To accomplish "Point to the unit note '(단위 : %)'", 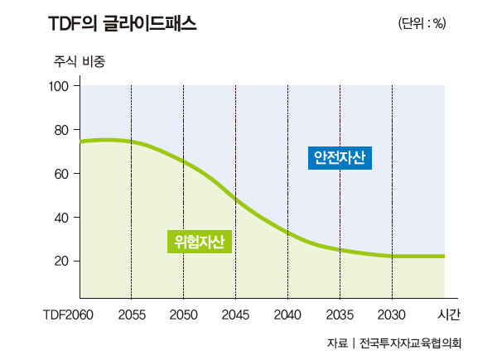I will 422,23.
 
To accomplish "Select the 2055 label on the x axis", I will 131,315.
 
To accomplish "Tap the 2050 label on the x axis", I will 183,315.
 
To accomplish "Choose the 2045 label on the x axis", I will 235,315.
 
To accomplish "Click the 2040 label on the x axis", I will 287,315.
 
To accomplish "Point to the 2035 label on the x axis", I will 340,315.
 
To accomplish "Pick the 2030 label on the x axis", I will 392,315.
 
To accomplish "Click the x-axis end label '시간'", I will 448,315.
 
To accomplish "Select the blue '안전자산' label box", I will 340,157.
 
